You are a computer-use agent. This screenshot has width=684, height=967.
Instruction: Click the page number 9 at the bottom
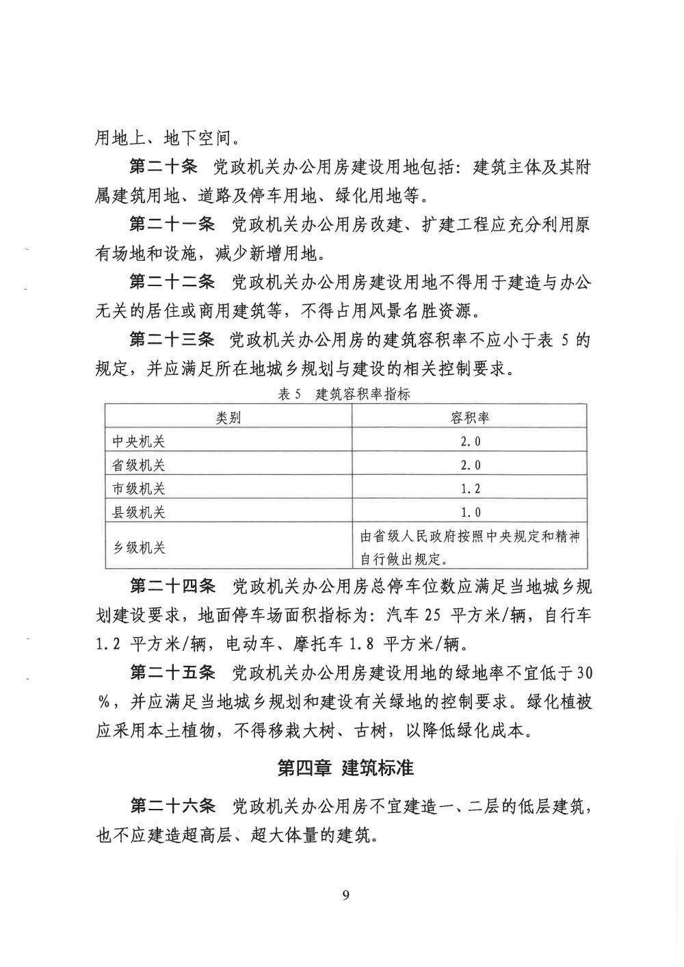click(345, 896)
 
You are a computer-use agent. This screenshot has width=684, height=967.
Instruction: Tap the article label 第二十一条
click(172, 225)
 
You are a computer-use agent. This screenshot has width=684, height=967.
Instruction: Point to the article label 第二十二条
click(172, 282)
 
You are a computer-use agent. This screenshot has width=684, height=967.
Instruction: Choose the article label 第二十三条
click(172, 339)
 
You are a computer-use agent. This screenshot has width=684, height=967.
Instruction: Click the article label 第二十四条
click(172, 586)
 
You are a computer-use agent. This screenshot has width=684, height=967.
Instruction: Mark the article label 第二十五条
click(172, 673)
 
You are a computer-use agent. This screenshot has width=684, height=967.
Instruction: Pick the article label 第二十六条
click(172, 808)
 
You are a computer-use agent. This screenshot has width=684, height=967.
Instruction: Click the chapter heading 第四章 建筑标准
click(345, 768)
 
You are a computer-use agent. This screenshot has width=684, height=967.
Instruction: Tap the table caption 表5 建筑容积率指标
click(344, 394)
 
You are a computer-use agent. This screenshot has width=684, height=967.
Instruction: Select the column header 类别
click(228, 417)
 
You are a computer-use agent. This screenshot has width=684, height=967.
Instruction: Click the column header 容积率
click(470, 417)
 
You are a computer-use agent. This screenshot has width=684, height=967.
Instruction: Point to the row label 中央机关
click(139, 441)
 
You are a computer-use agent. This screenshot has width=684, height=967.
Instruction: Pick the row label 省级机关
click(139, 465)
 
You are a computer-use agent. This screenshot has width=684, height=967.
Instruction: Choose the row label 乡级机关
click(139, 548)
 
